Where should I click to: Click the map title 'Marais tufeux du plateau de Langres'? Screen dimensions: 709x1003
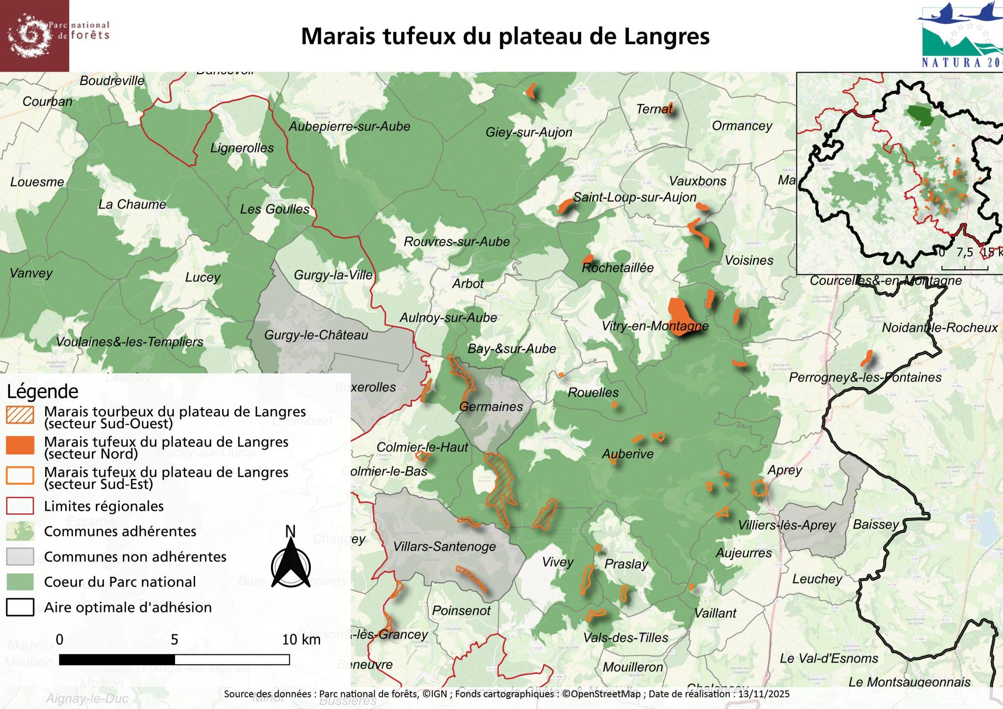[x=505, y=36]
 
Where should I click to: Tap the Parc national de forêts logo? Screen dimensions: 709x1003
[x=34, y=35]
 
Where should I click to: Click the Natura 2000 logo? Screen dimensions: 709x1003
[x=960, y=35]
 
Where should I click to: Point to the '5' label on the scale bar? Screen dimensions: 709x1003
[x=174, y=640]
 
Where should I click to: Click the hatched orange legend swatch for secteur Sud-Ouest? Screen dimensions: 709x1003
[x=20, y=415]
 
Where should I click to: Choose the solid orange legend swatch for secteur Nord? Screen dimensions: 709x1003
[x=20, y=445]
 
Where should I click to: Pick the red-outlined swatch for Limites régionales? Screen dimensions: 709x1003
[x=20, y=506]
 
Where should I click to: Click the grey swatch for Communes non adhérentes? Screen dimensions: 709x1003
[x=20, y=557]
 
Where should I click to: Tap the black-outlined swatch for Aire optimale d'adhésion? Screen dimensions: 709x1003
[x=20, y=607]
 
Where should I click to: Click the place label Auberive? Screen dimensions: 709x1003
[x=627, y=454]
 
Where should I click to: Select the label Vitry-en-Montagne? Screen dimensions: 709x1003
[x=655, y=326]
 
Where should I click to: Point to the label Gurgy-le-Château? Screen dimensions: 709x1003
[x=316, y=335]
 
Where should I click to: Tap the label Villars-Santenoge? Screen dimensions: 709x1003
[x=444, y=547]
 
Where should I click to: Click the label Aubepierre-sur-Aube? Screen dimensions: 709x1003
[x=349, y=126]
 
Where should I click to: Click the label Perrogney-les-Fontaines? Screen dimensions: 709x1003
[x=865, y=377]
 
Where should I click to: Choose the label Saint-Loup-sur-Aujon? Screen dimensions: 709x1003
[x=634, y=197]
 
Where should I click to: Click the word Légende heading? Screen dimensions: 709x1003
[x=43, y=391]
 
